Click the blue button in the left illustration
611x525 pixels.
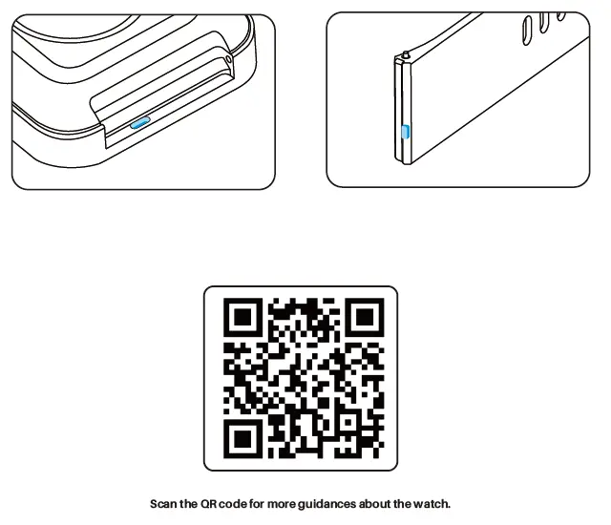(140, 123)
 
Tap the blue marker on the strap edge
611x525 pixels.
(405, 132)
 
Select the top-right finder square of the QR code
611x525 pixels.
(362, 319)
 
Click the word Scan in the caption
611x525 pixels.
(164, 503)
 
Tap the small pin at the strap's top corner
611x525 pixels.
(407, 53)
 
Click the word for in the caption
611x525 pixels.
(263, 503)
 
